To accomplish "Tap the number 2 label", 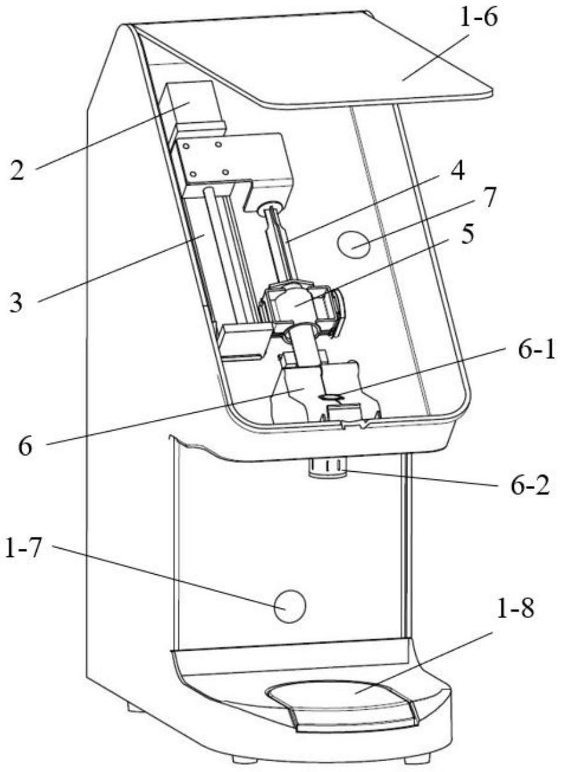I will tap(17, 170).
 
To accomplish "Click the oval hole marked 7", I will tap(353, 244).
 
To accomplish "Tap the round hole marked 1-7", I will tap(290, 605).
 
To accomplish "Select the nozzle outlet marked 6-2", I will tap(327, 469).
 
